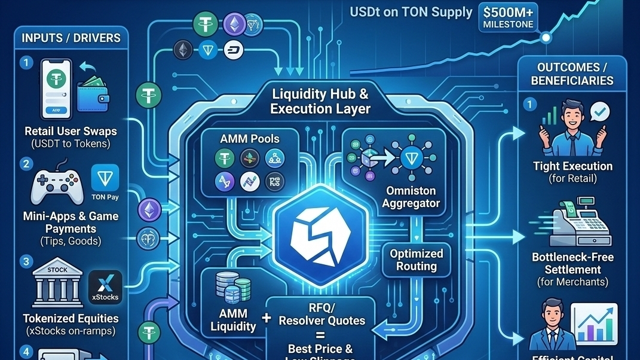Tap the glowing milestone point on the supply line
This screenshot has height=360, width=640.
545,37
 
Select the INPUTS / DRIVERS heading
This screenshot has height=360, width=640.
71,38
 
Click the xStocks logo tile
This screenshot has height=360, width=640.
105,286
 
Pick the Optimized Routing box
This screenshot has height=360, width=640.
417,260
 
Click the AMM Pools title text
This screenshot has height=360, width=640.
250,138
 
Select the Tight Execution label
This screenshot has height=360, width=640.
572,166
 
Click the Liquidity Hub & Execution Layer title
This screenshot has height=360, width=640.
320,101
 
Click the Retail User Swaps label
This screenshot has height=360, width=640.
71,131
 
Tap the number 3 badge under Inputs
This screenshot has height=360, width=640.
26,261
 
